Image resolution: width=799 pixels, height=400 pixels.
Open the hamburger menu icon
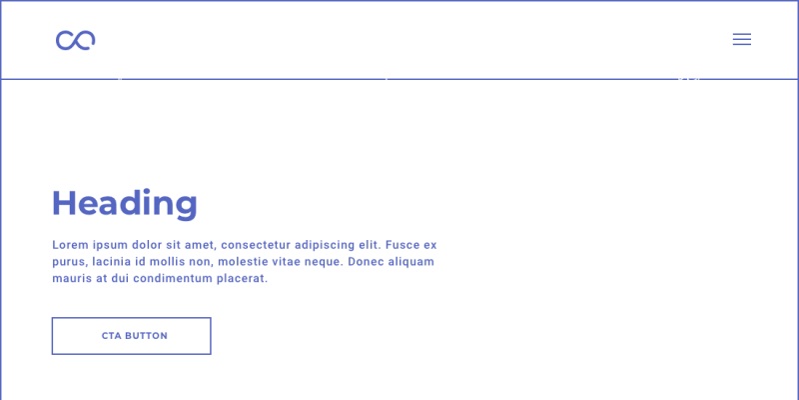742,39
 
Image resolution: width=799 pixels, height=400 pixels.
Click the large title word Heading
125,204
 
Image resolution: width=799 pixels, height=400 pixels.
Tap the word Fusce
402,245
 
